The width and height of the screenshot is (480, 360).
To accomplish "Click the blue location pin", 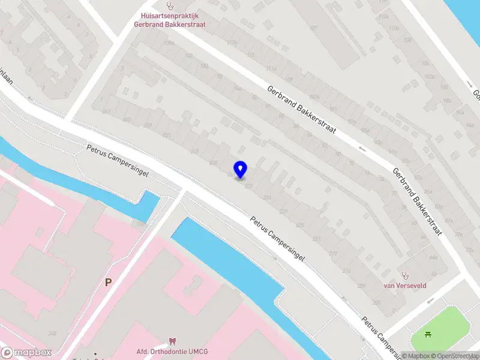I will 240,170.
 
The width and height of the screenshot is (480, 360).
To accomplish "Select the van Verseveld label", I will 405,286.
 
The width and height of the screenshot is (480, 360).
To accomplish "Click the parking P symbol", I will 109,281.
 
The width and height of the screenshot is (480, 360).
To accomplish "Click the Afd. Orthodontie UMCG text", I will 173,352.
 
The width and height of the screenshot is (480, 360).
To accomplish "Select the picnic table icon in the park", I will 428,335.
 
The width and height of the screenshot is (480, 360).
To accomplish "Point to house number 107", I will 313,28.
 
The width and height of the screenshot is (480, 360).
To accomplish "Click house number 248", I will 53,334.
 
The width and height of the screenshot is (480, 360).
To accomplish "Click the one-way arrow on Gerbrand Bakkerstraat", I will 362,148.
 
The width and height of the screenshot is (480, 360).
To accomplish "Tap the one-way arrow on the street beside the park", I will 470,85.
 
